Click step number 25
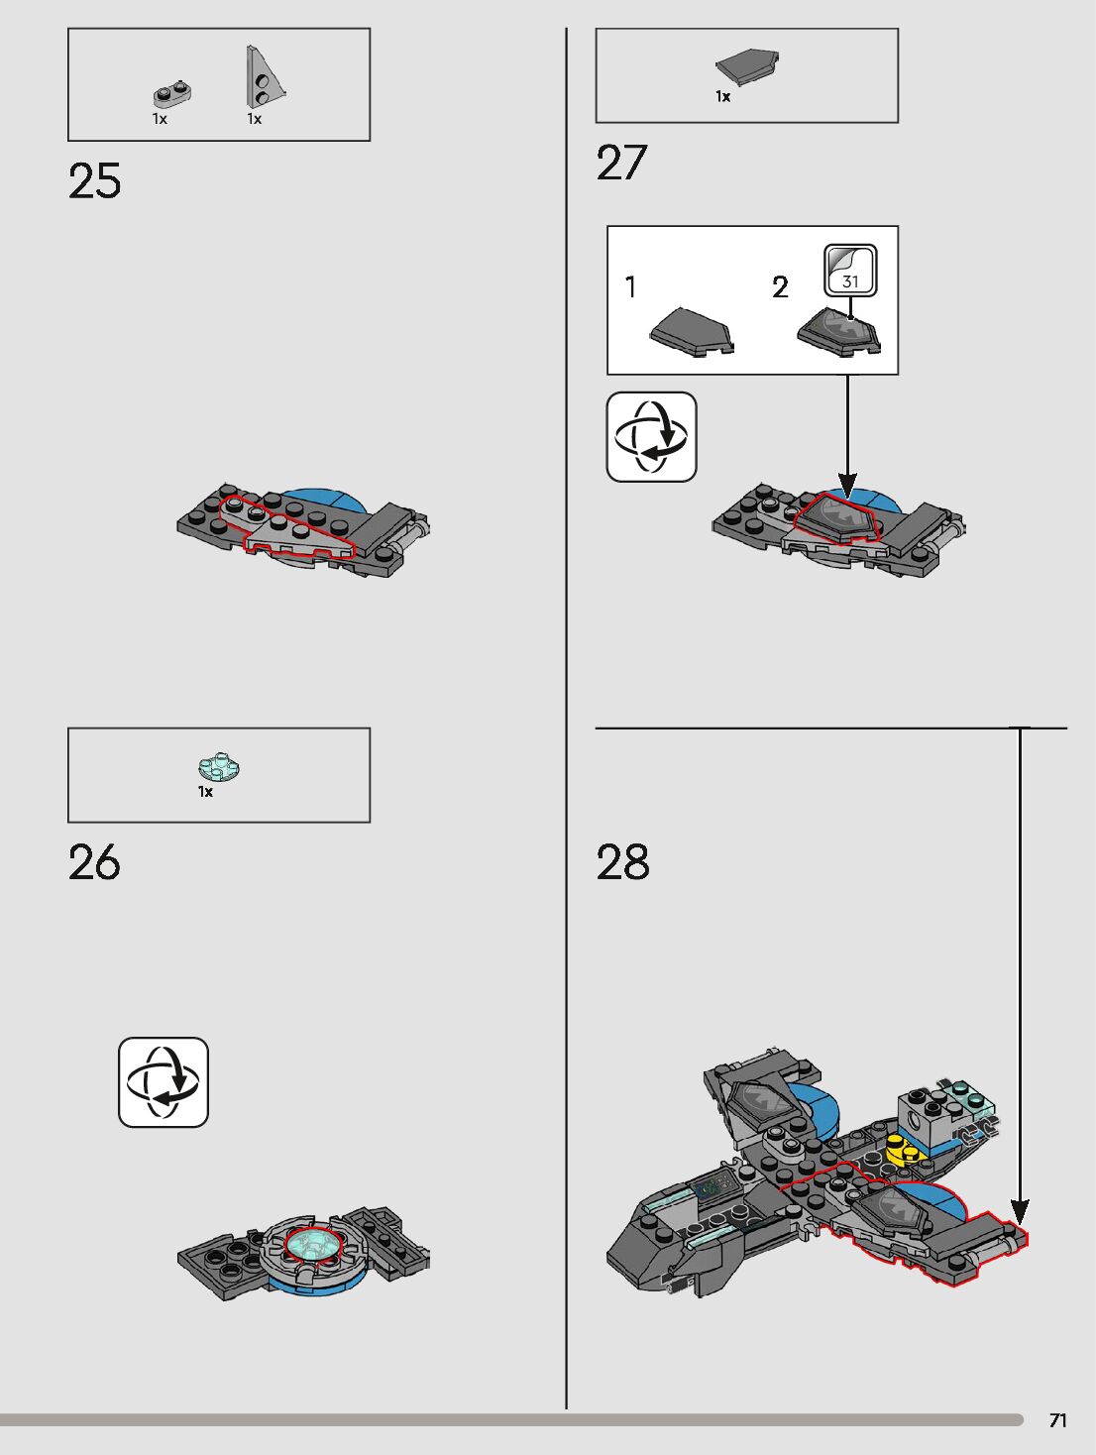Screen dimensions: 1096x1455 coord(95,181)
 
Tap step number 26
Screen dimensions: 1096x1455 coord(94,862)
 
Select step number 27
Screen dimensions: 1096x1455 coord(621,163)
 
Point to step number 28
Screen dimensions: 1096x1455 coord(622,862)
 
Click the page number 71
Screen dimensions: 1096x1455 coord(1057,1420)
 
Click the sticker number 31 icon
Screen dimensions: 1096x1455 coord(850,271)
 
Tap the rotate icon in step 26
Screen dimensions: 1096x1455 coord(164,1082)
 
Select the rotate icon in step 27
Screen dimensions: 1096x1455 coord(651,437)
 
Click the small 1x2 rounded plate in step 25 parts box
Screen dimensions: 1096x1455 coord(172,94)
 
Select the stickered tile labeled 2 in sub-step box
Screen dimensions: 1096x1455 coord(838,331)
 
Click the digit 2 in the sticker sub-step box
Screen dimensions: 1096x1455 coord(780,287)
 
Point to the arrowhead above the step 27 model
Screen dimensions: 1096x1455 coord(846,486)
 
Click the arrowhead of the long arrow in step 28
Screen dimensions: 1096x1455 coord(1020,1211)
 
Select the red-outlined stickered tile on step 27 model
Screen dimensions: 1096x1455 coord(838,516)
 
